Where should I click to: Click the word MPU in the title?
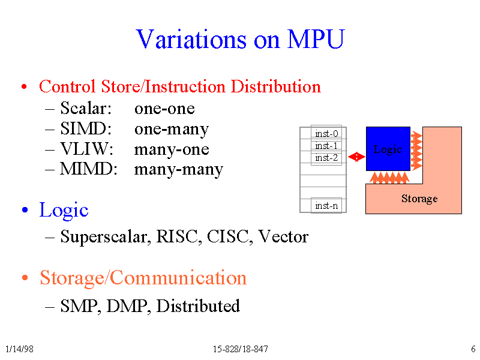[x=316, y=39]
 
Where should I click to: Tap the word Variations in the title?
[x=191, y=39]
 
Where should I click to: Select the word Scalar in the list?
[x=86, y=108]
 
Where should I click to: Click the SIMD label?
[x=86, y=128]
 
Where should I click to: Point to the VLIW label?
[x=86, y=149]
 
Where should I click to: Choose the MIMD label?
[x=89, y=169]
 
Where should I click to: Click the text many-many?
[x=179, y=170]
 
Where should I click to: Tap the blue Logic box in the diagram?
[x=388, y=149]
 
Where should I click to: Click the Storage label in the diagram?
[x=419, y=199]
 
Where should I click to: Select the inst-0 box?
[x=326, y=133]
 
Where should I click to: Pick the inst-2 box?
[x=326, y=158]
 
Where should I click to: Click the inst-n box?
[x=326, y=205]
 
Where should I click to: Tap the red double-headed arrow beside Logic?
[x=356, y=157]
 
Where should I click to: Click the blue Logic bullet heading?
[x=64, y=211]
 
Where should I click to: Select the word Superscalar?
[x=106, y=236]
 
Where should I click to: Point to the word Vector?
[x=283, y=236]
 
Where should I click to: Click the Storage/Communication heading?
[x=143, y=278]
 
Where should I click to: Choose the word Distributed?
[x=198, y=305]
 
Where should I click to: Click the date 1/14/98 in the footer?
[x=20, y=349]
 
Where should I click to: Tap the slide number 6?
[x=473, y=349]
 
